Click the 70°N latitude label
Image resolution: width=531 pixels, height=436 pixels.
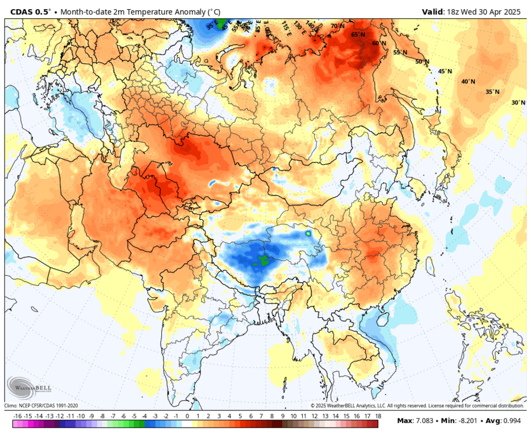338,26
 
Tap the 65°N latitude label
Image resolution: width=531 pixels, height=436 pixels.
358,35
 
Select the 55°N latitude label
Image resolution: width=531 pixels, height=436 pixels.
400,52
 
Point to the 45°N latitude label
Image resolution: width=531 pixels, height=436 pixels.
445,72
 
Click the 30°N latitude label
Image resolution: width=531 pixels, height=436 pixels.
518,103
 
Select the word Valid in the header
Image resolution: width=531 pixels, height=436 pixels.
433,11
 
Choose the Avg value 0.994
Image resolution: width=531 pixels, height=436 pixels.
510,422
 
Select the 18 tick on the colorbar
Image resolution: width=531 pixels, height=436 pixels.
377,416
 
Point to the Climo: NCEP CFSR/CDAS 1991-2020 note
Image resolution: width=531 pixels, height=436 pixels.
41,406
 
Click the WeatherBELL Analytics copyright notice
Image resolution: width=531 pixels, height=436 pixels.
417,406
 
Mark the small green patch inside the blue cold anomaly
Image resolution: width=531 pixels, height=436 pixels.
262,261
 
